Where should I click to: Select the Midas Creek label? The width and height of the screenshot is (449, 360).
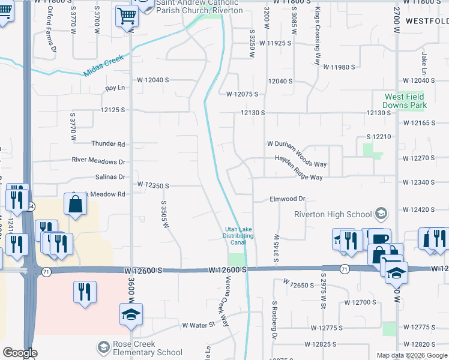[x=103, y=65]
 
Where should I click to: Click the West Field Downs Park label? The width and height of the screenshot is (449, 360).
[x=405, y=101]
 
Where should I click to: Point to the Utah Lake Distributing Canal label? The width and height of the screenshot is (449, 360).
[x=238, y=236]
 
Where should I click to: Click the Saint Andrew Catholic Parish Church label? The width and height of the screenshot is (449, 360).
[x=199, y=7]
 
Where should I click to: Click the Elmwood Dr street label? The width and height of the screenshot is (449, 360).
[x=288, y=199]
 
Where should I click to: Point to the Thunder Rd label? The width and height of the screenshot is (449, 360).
[x=108, y=144]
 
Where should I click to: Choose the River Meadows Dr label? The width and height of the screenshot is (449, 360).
[x=98, y=161]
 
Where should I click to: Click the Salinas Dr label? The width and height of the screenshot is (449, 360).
[x=110, y=177]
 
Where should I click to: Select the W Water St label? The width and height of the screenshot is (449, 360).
[x=198, y=325]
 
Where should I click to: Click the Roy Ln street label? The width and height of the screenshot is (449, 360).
[x=114, y=88]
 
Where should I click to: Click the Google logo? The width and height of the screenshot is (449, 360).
[x=20, y=353]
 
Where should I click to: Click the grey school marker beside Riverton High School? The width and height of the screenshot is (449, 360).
[x=380, y=214]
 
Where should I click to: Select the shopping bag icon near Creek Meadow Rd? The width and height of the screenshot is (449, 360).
[x=76, y=205]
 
